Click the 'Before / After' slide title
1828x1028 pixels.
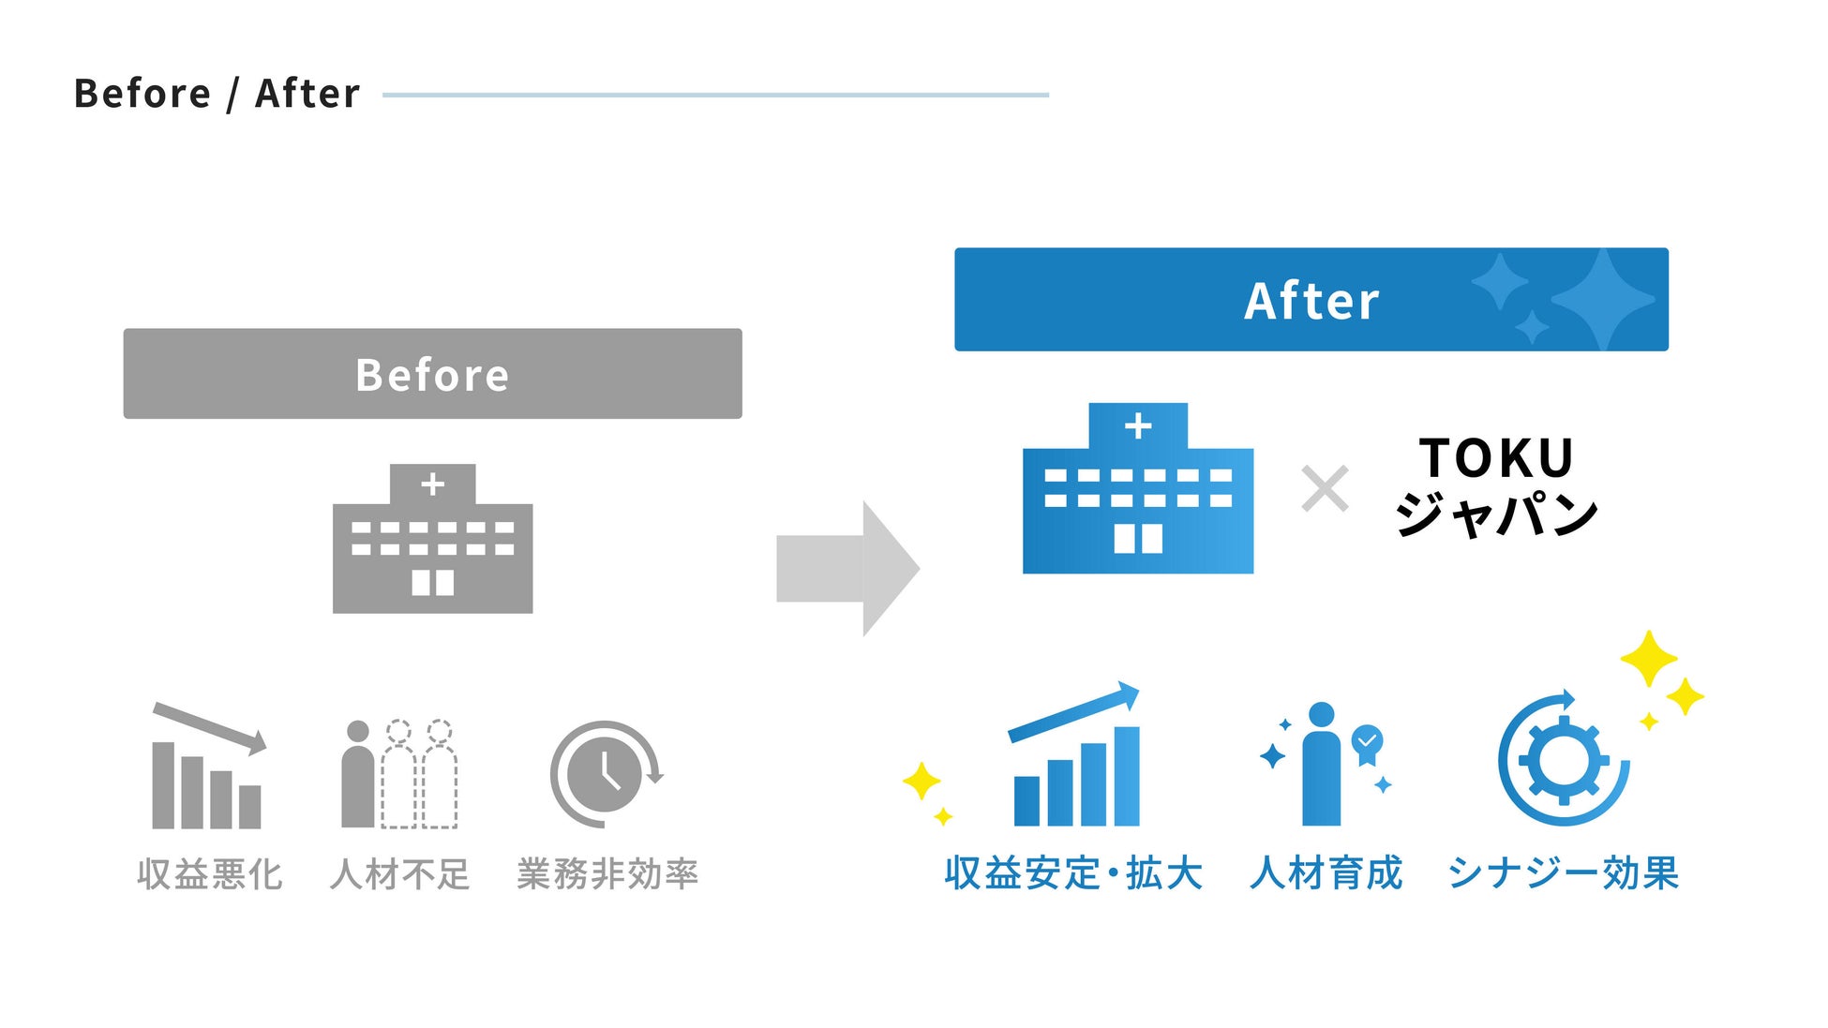click(217, 94)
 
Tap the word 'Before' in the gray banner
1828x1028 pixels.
click(432, 375)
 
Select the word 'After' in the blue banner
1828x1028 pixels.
click(1311, 301)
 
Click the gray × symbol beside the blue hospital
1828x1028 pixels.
click(1325, 489)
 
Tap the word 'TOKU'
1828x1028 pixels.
click(1496, 458)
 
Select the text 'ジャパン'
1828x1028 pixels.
click(1496, 514)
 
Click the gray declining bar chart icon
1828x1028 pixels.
click(208, 768)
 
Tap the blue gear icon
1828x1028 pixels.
click(1563, 760)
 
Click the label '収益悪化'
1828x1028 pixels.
click(209, 874)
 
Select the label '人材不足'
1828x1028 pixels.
click(400, 874)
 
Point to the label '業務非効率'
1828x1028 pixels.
click(607, 874)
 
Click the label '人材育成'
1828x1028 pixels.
click(1326, 872)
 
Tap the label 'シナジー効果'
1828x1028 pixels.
click(1563, 872)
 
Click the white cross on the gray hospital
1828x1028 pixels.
click(432, 484)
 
